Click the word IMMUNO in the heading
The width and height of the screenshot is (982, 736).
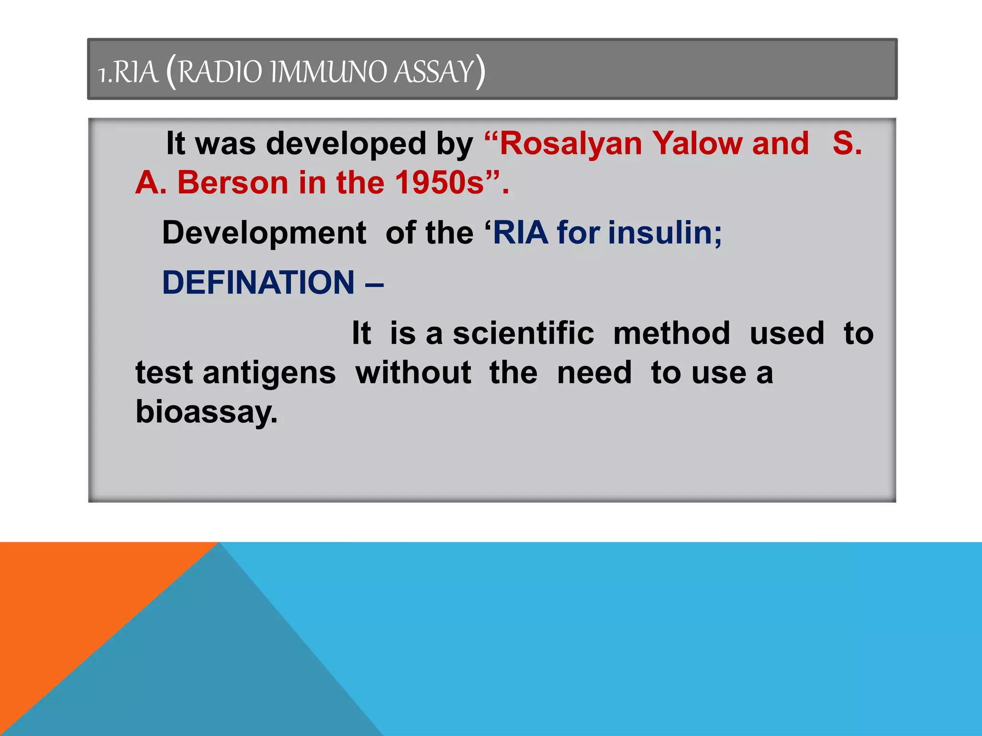(328, 72)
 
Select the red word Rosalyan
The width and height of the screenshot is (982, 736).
(571, 144)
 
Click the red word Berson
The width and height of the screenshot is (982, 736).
(233, 183)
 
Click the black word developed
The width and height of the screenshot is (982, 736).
(346, 144)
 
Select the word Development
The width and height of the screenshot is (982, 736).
(264, 233)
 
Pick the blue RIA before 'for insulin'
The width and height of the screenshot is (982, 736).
(520, 233)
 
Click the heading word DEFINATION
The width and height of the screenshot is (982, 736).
(258, 283)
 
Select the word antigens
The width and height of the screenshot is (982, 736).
(269, 373)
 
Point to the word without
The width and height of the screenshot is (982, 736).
(413, 373)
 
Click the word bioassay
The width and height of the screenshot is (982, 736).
(206, 412)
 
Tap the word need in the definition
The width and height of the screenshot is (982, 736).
(594, 373)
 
